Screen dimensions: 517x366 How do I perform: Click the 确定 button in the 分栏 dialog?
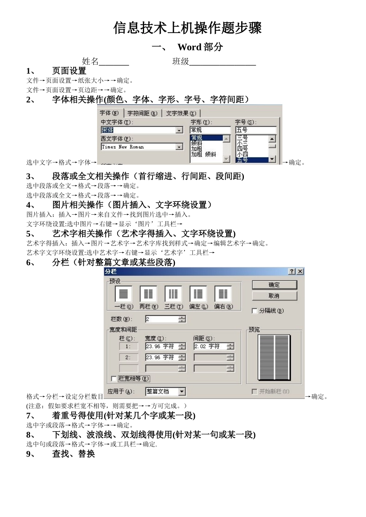[274, 285]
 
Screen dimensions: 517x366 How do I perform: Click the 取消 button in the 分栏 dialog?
[274, 296]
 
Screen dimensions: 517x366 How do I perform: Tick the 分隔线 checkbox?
[255, 311]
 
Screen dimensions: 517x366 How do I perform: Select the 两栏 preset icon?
[148, 295]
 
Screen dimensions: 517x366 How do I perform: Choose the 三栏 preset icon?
[173, 295]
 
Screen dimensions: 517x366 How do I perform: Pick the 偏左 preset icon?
[198, 295]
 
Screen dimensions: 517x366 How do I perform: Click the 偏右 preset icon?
[223, 295]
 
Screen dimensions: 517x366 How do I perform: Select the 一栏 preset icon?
[123, 295]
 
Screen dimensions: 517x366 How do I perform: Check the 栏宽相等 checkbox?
[114, 379]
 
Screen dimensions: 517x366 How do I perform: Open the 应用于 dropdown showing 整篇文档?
[182, 392]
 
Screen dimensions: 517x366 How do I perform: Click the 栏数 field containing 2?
[162, 319]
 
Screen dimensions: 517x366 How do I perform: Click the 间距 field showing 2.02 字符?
[210, 346]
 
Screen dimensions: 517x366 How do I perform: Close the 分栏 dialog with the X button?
[300, 271]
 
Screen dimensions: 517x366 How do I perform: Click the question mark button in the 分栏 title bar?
[292, 271]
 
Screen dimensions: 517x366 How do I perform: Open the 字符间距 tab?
[142, 113]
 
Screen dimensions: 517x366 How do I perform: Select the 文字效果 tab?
[181, 113]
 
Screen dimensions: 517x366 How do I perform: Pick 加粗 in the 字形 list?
[196, 149]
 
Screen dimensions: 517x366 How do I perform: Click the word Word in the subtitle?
[190, 47]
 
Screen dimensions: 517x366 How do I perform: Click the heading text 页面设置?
[69, 71]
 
